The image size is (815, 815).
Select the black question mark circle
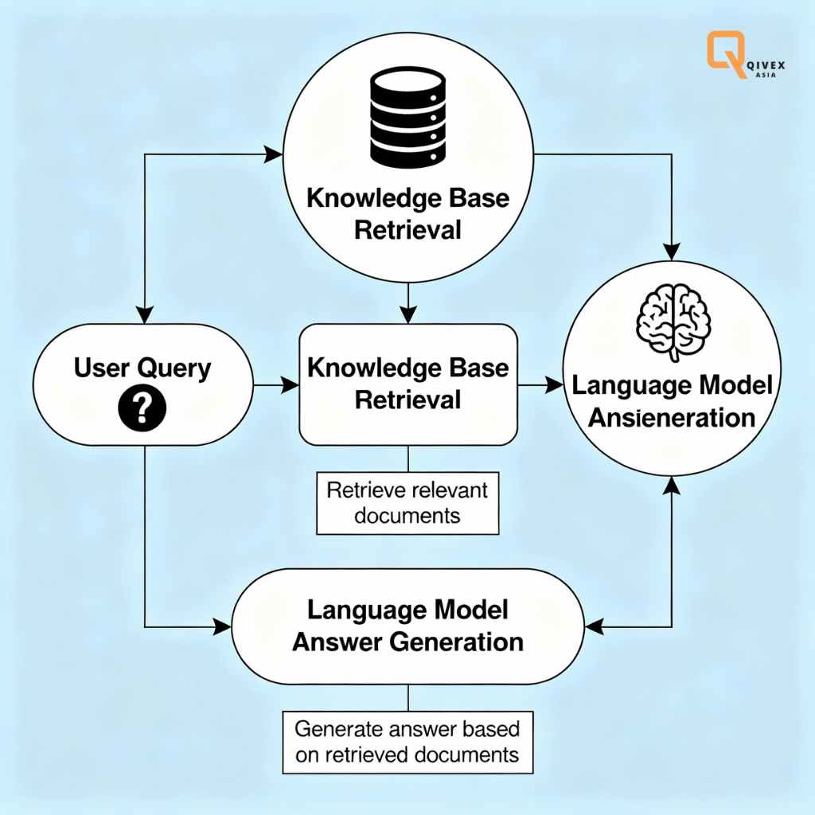[142, 410]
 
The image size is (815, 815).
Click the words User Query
[142, 368]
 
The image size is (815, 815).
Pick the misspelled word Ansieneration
[672, 417]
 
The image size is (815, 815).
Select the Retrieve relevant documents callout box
[407, 502]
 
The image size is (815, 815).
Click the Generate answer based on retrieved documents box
[407, 742]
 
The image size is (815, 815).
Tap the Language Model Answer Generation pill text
[407, 626]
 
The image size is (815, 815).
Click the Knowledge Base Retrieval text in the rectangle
[407, 383]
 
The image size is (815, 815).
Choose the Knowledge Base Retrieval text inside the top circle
[407, 214]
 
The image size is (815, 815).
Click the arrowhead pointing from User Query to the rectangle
[291, 386]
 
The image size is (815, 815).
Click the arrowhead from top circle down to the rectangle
[407, 317]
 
